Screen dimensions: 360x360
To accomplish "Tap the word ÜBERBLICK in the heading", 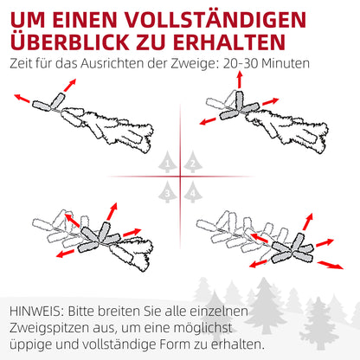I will [72, 42].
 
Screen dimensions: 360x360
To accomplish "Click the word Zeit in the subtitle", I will [23, 64].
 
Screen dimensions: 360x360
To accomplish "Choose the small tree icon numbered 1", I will [167, 163].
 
